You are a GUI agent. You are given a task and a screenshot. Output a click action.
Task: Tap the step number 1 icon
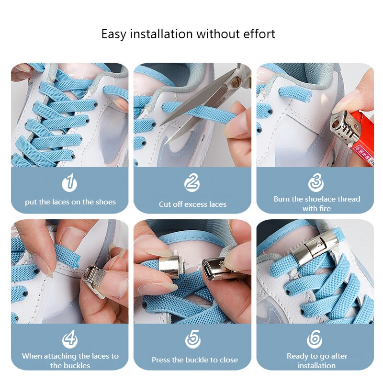coord(70,182)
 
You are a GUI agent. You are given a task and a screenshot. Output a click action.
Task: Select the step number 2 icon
coord(192,182)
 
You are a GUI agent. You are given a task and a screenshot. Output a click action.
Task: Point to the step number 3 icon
coord(315,182)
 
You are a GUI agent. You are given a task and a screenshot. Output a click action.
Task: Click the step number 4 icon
coord(70,339)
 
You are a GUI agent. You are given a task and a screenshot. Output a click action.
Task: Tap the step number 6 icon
coord(315,339)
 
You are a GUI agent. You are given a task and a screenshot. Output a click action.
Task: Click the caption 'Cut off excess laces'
coord(192,204)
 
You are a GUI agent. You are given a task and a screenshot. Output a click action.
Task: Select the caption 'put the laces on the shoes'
coord(70,202)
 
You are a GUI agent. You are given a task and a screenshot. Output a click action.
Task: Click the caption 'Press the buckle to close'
coord(194,360)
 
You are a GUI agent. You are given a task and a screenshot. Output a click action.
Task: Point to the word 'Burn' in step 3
coord(282,199)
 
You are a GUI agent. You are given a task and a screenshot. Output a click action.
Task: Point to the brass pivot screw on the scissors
coord(236,82)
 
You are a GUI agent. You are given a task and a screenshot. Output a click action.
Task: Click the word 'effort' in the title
coord(259,34)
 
